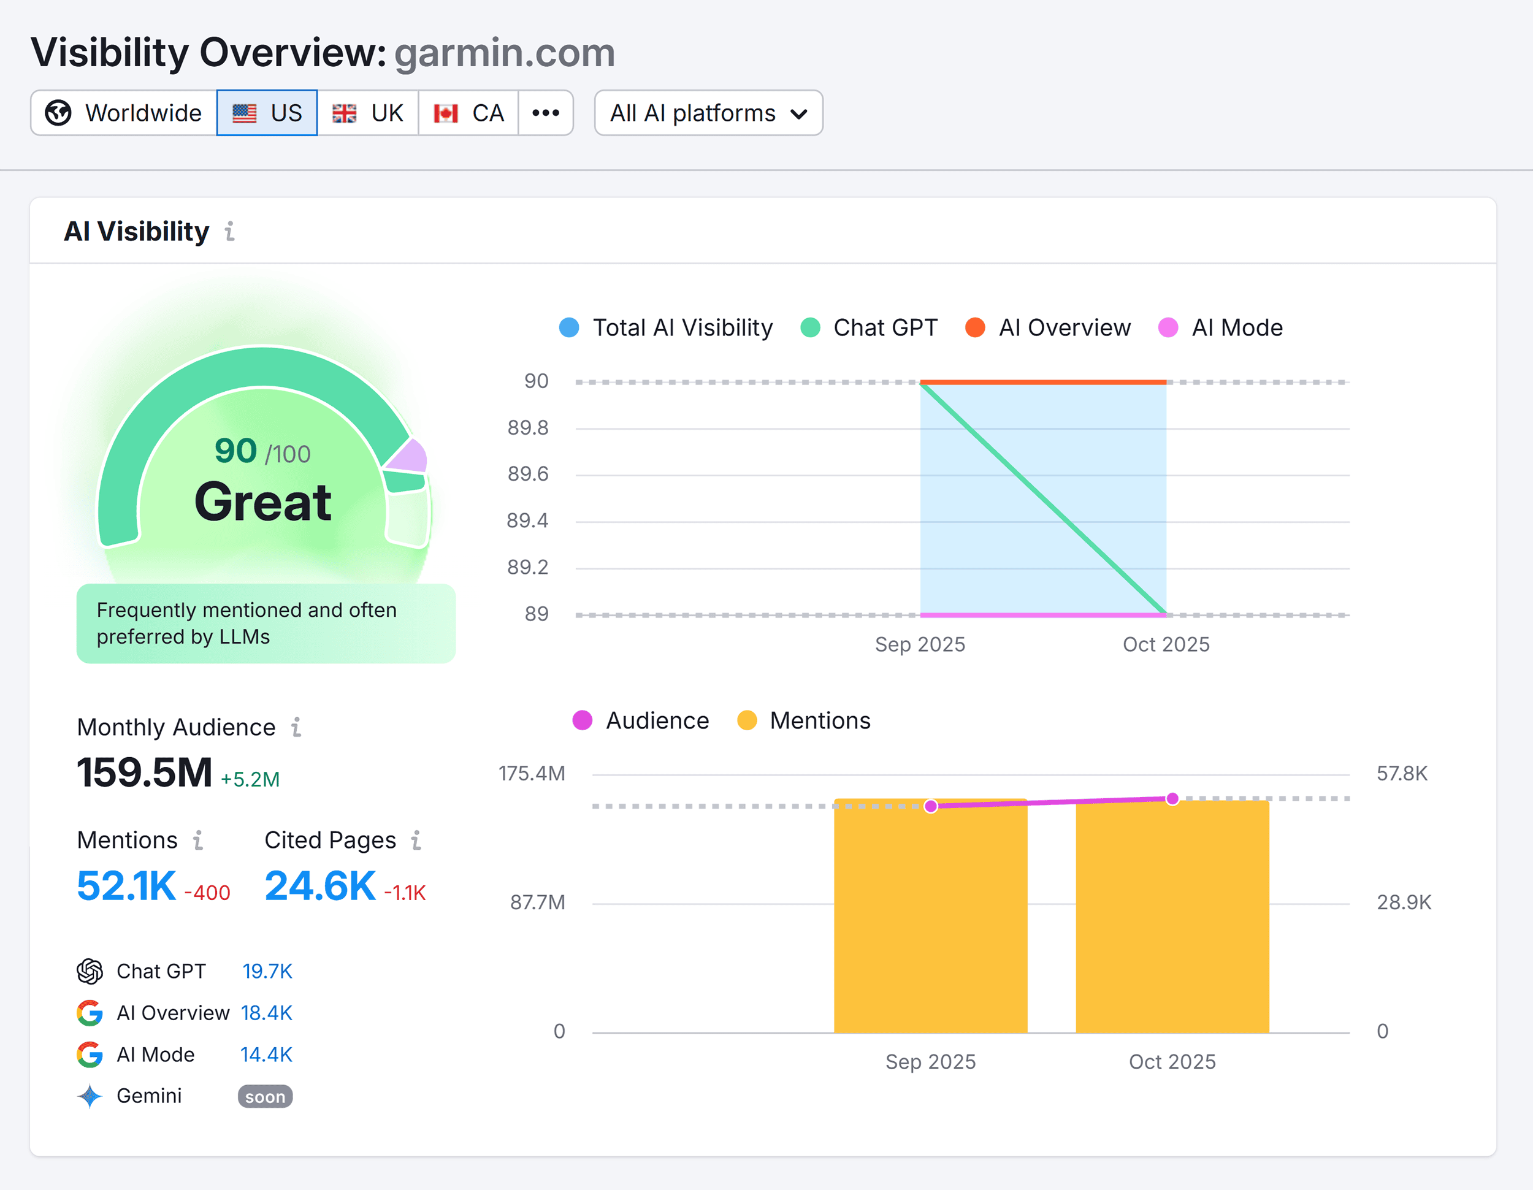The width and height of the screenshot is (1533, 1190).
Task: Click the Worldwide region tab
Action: point(124,113)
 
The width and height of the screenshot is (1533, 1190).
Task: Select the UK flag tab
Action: point(368,113)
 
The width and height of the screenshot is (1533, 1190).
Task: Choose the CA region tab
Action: point(468,113)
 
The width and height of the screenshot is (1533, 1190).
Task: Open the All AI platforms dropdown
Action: point(708,113)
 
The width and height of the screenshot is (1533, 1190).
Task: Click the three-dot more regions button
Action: point(545,113)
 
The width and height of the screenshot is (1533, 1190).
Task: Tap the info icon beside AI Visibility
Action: point(229,232)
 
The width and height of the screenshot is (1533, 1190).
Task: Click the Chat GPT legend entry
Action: point(869,327)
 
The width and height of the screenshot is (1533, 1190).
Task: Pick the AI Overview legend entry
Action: point(1048,327)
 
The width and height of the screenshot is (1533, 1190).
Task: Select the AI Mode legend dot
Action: point(1168,327)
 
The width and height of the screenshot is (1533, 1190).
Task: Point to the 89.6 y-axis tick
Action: point(528,475)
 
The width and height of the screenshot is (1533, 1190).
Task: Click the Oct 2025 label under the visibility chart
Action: point(1166,644)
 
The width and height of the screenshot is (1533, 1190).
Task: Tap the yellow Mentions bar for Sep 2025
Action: point(930,919)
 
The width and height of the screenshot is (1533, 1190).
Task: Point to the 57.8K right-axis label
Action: point(1402,773)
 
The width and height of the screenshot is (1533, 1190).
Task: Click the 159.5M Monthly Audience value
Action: point(145,773)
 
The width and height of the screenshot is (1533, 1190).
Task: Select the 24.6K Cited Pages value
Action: point(320,885)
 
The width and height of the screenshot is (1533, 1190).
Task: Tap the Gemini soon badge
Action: point(265,1097)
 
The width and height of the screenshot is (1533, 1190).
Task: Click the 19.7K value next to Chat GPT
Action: point(267,971)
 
